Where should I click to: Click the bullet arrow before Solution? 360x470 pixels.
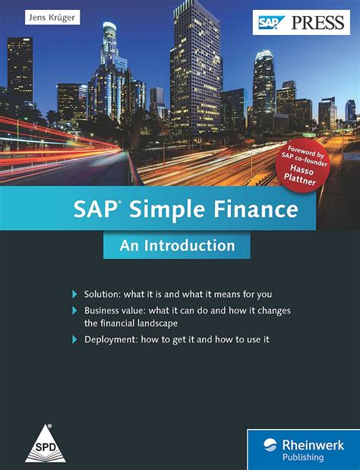74,294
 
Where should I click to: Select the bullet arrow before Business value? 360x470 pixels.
74,311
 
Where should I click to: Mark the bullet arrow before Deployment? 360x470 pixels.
74,339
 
